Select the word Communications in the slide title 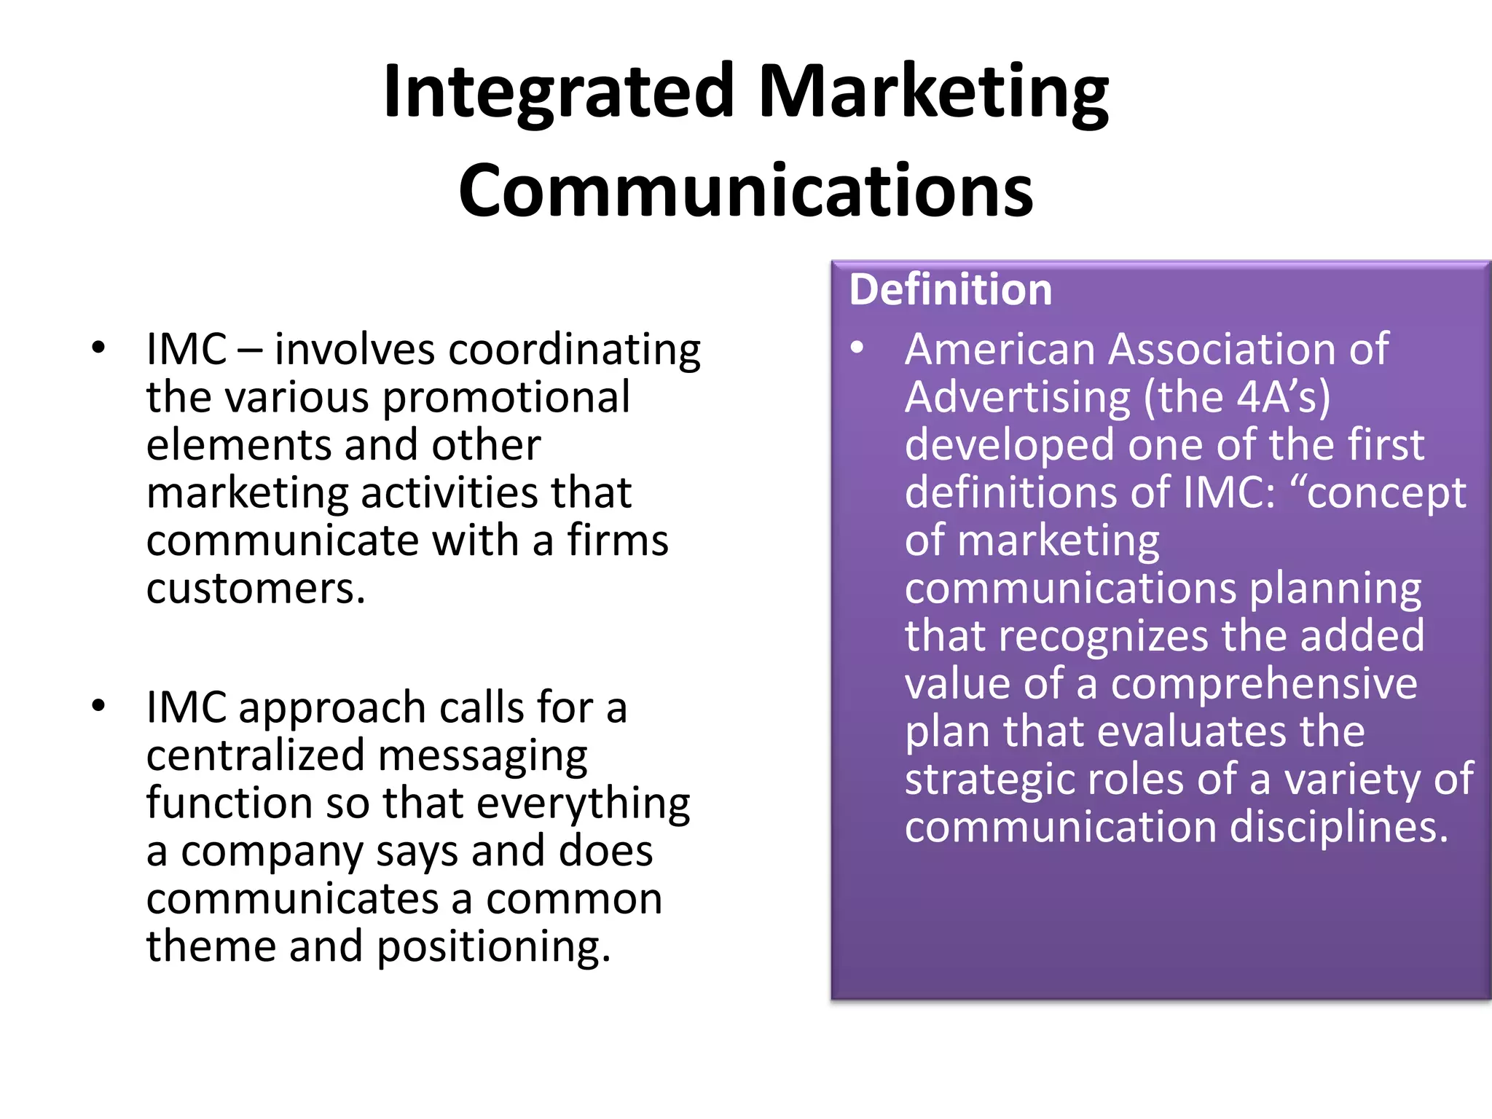[x=745, y=190]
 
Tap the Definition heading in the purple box [x=951, y=289]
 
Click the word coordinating [x=574, y=350]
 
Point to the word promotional [x=506, y=398]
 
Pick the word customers [x=255, y=589]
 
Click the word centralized [x=255, y=755]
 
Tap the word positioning [x=493, y=947]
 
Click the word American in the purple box [x=1000, y=350]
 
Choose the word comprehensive [x=1264, y=684]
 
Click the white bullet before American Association [x=857, y=348]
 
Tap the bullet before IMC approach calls [x=98, y=706]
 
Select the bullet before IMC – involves [x=98, y=348]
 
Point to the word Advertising [x=1017, y=398]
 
